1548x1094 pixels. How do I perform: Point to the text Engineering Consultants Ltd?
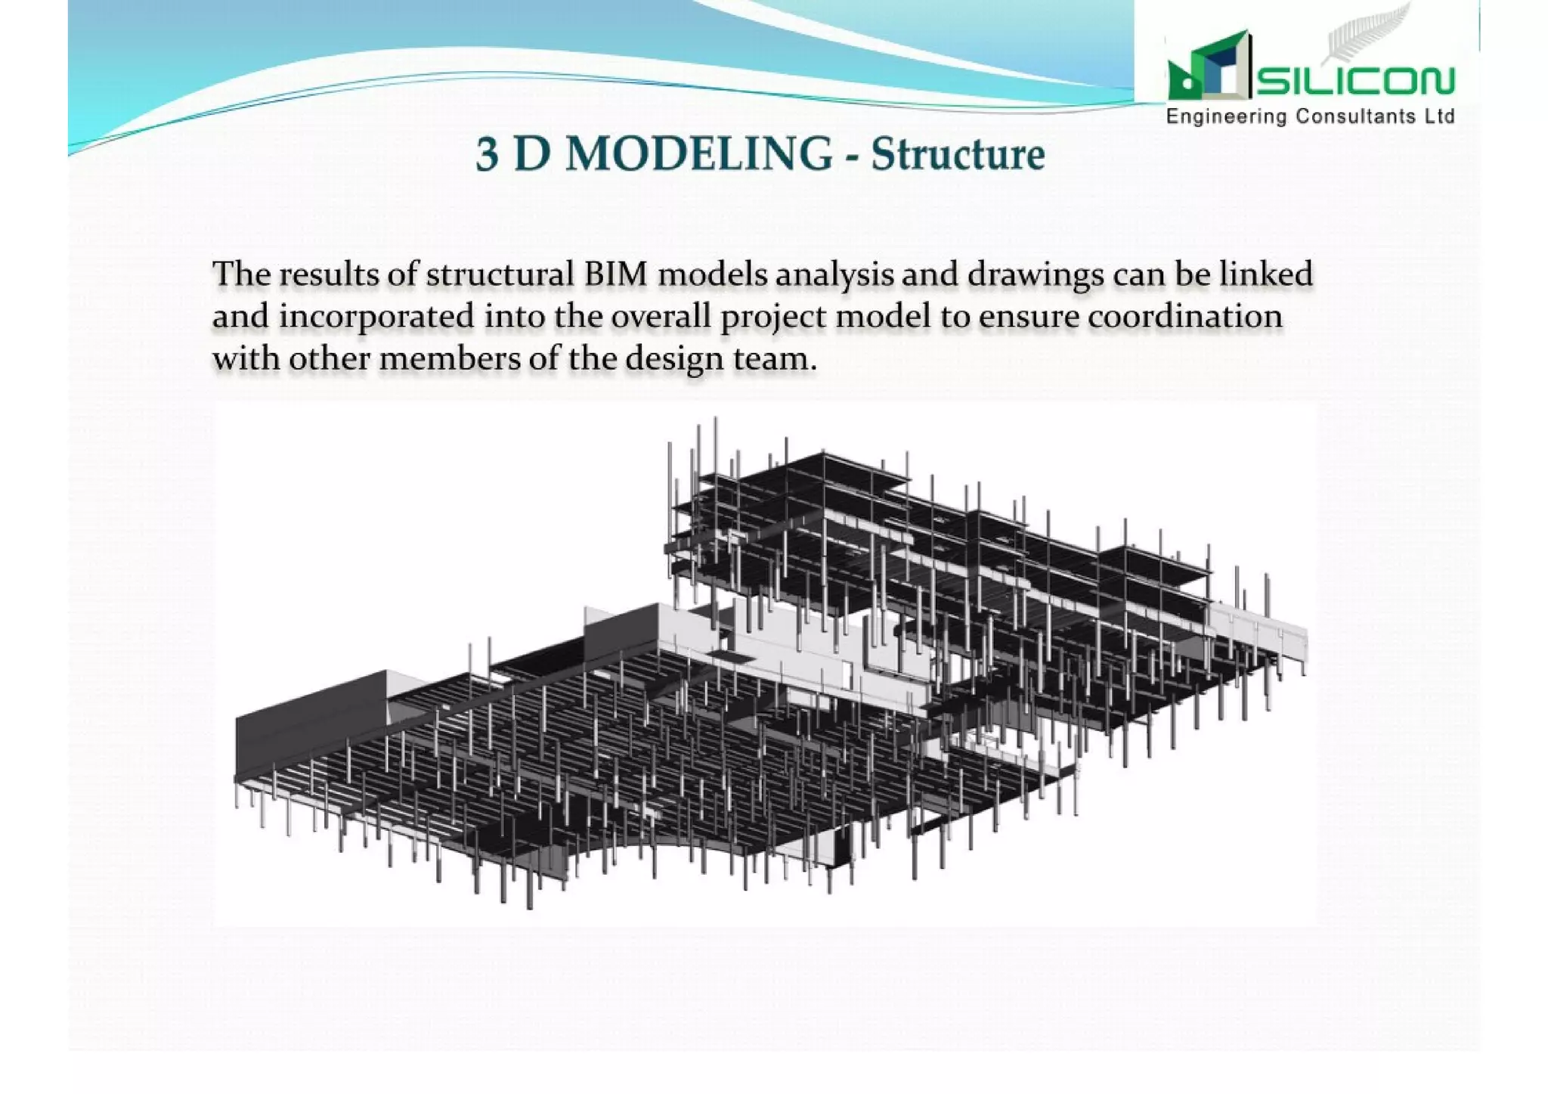1311,116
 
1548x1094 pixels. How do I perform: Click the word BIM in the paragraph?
615,274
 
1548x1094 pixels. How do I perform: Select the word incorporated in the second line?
376,317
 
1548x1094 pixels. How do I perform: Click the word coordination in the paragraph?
1185,316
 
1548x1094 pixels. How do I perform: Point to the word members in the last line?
449,358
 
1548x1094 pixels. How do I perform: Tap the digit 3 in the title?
488,154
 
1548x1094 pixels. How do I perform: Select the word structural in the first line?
500,274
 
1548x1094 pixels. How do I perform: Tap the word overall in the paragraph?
661,316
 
